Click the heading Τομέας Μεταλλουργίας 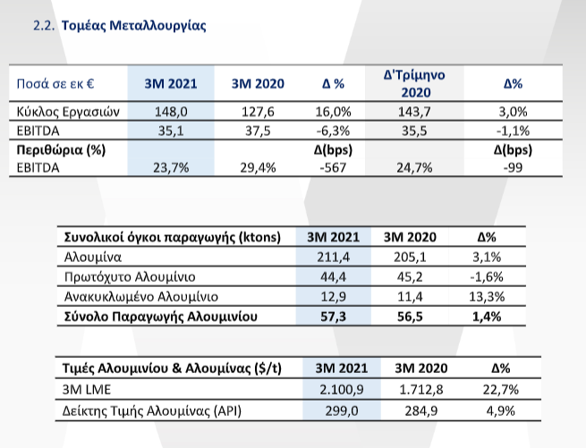click(134, 26)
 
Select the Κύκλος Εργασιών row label click(68, 112)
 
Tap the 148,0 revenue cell click(171, 112)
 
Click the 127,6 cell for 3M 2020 click(258, 112)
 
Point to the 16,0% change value click(333, 112)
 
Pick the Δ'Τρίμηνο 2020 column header click(414, 84)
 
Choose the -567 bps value click(333, 168)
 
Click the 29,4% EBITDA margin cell click(258, 168)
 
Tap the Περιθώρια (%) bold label click(61, 150)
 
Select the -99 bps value click(513, 168)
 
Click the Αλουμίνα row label click(93, 257)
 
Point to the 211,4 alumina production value click(333, 257)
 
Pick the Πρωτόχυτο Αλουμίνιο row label click(130, 277)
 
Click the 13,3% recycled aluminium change click(487, 297)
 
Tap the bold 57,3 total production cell click(333, 317)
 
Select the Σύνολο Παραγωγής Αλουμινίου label click(161, 317)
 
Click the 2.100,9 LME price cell click(341, 390)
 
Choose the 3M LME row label click(86, 390)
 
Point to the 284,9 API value click(420, 411)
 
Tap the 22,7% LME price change click(500, 390)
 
